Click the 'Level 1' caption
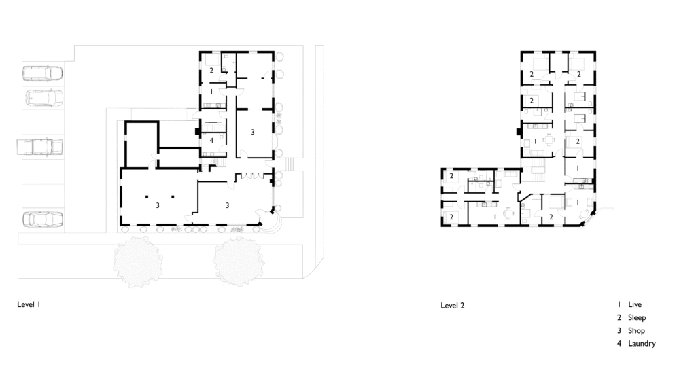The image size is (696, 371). [29, 304]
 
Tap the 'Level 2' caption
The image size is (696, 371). [452, 305]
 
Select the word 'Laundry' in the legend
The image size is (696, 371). [642, 344]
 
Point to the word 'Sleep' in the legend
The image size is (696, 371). [636, 318]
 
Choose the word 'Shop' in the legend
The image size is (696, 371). [636, 331]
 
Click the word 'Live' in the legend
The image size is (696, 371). [635, 304]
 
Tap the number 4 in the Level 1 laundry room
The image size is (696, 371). [211, 141]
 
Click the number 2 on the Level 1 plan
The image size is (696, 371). [211, 70]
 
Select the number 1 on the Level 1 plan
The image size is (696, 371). [212, 92]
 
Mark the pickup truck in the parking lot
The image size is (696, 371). [39, 147]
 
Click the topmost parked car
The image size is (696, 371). [42, 73]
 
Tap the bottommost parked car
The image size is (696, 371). [43, 219]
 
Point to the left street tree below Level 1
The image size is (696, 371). [137, 262]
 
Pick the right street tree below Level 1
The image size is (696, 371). [239, 262]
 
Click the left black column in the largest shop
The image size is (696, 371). [146, 196]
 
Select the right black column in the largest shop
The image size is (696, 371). [173, 196]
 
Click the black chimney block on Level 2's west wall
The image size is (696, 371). [518, 132]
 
